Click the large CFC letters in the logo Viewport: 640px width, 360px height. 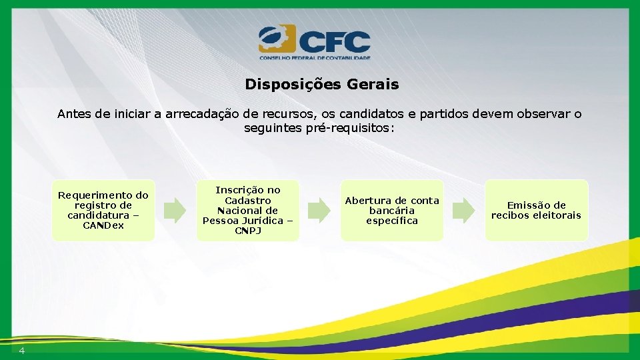(x=334, y=41)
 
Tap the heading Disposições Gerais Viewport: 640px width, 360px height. (x=321, y=85)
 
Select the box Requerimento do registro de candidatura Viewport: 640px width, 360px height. (x=103, y=210)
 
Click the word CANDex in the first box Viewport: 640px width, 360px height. (x=103, y=226)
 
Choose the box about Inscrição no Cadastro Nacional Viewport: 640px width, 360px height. (x=247, y=210)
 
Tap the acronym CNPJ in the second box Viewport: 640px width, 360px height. (x=247, y=231)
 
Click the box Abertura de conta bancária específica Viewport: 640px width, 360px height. (x=391, y=210)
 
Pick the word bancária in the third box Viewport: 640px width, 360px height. (x=391, y=211)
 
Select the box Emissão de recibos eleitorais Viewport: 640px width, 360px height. (x=536, y=210)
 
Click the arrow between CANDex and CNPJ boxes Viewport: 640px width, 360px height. (x=175, y=210)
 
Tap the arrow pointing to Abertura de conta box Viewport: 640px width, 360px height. (x=319, y=210)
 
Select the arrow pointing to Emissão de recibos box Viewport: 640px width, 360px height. (x=463, y=210)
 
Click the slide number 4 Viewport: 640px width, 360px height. (x=22, y=351)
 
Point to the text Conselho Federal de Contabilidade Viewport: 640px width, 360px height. (x=314, y=58)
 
